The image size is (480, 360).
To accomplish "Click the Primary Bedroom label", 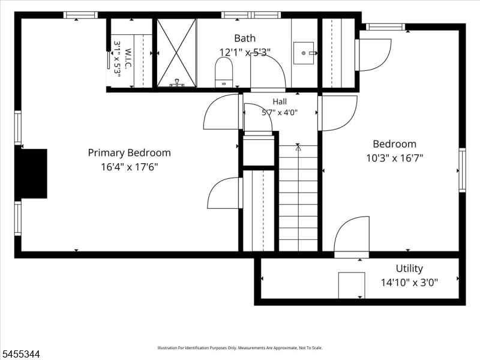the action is (x=129, y=153).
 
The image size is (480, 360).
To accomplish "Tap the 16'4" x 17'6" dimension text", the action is (x=129, y=167).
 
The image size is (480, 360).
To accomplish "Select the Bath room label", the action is (x=245, y=38).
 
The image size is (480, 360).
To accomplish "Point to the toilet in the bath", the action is (x=224, y=72).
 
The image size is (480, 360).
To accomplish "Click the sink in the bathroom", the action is (x=304, y=53).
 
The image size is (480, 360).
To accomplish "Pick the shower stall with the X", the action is (x=176, y=53).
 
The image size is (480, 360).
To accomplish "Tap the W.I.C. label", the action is (x=128, y=58).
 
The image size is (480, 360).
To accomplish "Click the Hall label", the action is (x=280, y=101).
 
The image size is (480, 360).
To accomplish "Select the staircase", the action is (x=298, y=198).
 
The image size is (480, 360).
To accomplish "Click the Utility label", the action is (x=409, y=268).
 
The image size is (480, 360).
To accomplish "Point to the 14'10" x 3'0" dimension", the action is (x=409, y=282).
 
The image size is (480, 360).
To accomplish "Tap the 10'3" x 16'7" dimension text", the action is (x=395, y=158).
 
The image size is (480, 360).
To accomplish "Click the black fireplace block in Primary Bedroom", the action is (x=31, y=173).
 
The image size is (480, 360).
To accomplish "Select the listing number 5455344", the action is (x=20, y=354).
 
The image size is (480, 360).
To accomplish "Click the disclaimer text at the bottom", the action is (x=239, y=348).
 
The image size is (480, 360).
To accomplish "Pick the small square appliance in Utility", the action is (x=352, y=286).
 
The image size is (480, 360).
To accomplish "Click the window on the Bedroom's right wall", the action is (x=462, y=170).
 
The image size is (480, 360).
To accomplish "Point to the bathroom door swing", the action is (x=268, y=73).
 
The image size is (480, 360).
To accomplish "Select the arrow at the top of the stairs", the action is (x=298, y=148).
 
